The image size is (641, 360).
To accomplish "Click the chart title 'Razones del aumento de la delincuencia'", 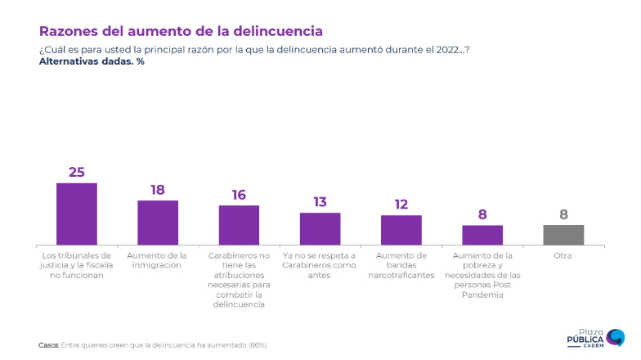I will (x=181, y=31).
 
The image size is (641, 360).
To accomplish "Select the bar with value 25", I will (x=77, y=214).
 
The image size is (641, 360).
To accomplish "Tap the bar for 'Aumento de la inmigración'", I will (x=158, y=223).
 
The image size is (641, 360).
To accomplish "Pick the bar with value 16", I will (x=239, y=225).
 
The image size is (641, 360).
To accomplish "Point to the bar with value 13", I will (x=320, y=228).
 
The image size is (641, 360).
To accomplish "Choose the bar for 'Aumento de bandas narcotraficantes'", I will (x=401, y=230).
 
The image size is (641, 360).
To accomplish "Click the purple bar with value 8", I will (x=482, y=235).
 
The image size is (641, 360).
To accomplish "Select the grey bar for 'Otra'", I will (x=563, y=235).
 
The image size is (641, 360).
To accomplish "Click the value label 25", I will (x=77, y=172).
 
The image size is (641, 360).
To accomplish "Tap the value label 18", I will (x=158, y=190).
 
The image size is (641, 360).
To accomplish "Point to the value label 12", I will (x=401, y=205).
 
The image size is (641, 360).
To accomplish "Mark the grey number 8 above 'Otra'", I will (x=563, y=214).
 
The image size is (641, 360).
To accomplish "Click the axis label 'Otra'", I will (x=563, y=255).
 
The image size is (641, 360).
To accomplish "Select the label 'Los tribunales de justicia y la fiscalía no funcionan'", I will (x=77, y=265).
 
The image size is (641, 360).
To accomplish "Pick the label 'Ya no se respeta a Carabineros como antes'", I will (x=320, y=265).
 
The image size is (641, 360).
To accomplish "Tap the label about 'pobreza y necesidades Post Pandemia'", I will (x=482, y=275).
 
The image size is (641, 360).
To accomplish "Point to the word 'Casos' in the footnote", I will (x=48, y=345).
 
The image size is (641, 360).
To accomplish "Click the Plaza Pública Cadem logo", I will (x=596, y=336).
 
